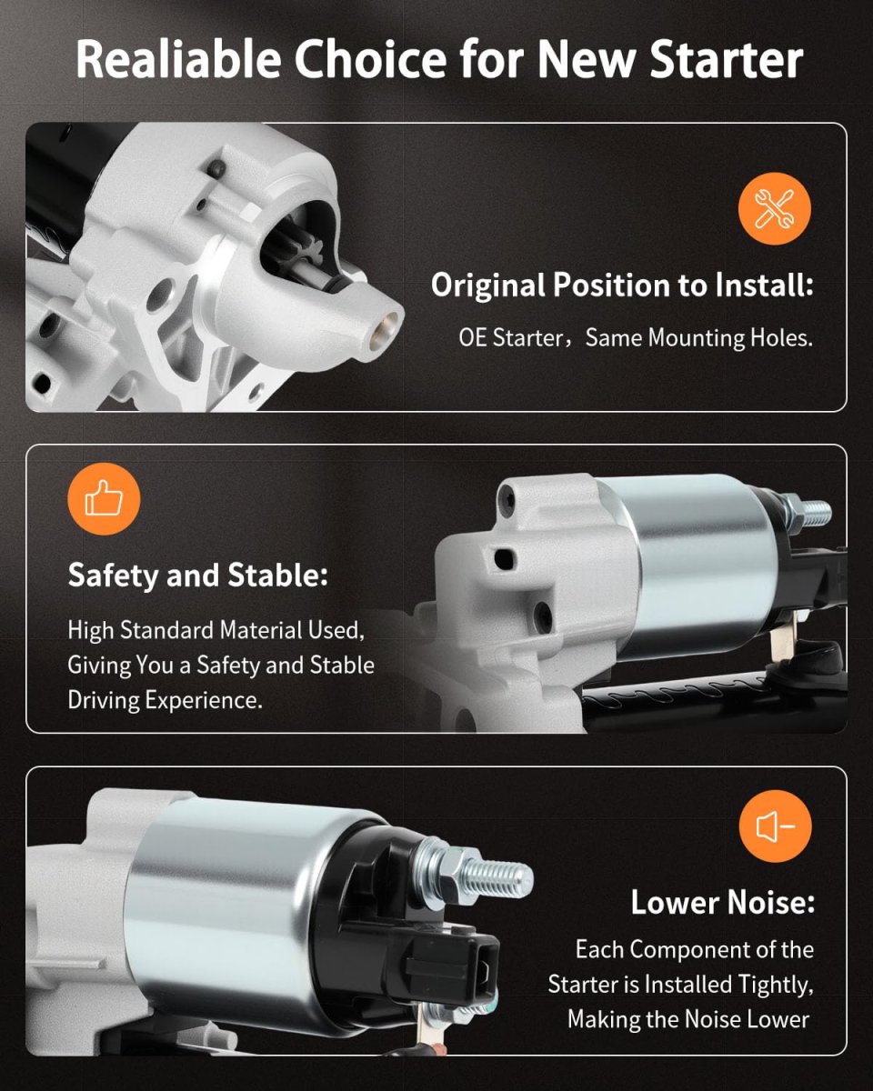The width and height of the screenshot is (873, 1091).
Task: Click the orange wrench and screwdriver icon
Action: pos(775,209)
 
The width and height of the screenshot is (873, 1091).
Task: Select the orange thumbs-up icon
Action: pos(104,499)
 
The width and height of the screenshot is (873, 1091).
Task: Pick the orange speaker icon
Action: pos(775,826)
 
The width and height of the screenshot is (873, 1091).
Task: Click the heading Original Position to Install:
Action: pos(622,285)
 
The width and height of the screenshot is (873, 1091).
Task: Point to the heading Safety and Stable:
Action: pos(198,576)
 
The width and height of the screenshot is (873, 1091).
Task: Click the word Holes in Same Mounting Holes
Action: pos(781,337)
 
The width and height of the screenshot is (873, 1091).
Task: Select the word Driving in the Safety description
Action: pos(104,700)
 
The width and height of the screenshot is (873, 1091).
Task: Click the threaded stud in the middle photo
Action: pos(813,513)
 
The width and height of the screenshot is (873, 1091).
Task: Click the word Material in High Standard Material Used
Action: pos(261,631)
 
